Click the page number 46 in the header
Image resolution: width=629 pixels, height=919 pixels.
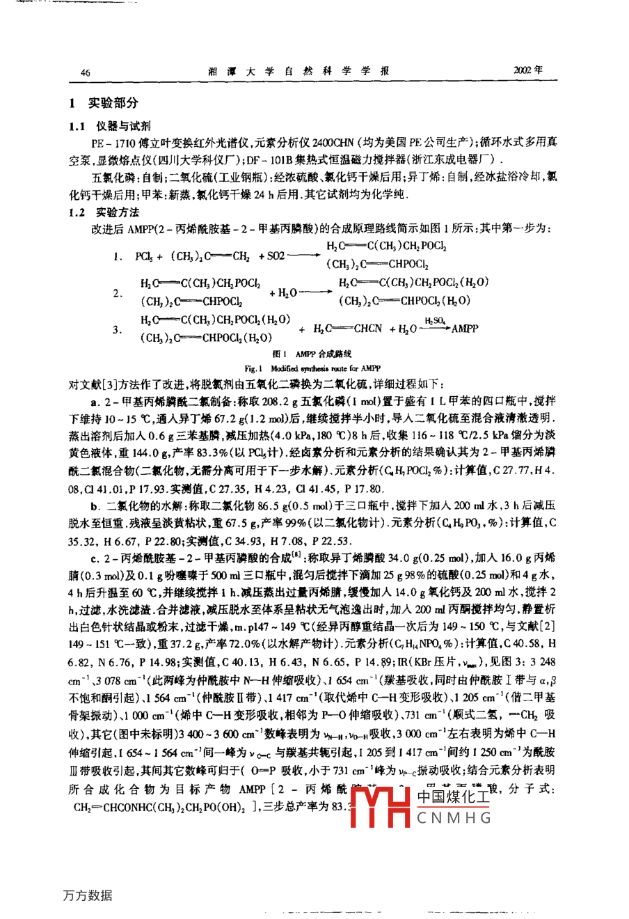point(86,72)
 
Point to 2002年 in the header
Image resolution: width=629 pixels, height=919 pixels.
point(527,70)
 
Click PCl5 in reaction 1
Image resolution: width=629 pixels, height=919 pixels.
point(144,256)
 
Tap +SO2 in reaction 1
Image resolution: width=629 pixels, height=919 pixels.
point(271,256)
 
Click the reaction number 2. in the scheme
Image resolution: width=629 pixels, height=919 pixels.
point(118,293)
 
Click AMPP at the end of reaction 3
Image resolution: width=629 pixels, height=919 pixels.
point(465,328)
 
